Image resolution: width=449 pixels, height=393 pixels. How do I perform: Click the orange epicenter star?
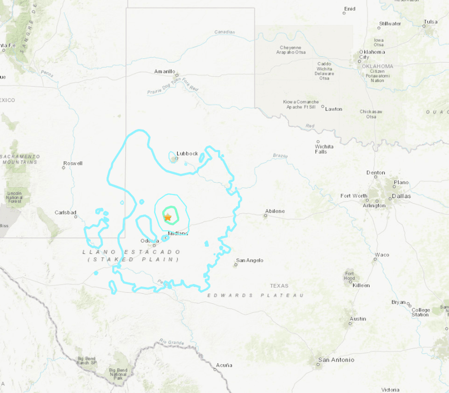168,217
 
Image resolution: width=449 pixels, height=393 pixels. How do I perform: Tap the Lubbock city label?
187,153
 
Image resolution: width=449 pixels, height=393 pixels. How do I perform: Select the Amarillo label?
164,71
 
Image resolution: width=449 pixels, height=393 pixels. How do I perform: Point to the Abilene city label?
275,211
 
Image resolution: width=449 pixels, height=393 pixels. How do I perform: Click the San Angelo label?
250,260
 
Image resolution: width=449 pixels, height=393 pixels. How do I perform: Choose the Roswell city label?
73,163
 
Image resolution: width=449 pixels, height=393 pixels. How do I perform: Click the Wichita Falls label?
324,149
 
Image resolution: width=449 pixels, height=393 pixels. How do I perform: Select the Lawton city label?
334,109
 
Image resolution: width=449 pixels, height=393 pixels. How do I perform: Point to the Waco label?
382,255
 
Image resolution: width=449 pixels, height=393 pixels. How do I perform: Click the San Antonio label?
337,360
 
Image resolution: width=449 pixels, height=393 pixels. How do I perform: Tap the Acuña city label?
224,365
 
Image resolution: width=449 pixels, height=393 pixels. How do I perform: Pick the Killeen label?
361,285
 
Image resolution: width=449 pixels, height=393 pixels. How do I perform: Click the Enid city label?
350,8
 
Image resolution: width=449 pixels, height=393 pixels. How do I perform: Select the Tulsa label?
431,22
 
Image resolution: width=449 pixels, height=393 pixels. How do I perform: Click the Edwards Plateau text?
256,295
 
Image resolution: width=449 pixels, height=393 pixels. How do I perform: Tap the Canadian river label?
224,32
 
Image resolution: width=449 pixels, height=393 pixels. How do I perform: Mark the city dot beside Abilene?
265,216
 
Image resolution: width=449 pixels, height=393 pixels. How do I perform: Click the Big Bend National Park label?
118,374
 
